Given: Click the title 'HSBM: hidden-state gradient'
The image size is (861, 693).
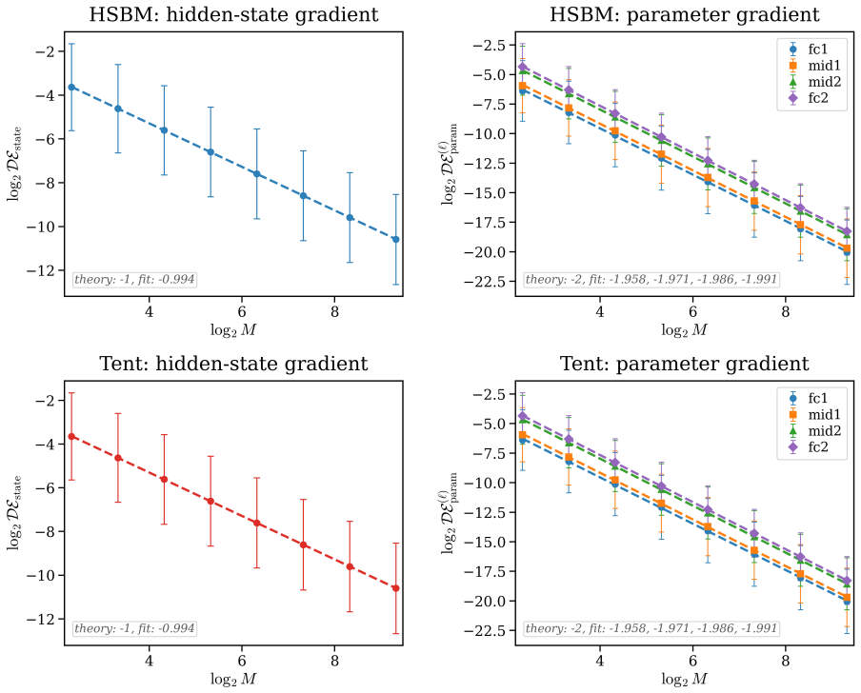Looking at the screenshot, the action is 233,14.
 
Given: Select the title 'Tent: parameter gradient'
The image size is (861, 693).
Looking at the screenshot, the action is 684,364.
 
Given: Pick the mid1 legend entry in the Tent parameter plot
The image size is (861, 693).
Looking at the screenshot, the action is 810,415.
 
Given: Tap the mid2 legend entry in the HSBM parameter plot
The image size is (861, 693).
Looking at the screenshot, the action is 810,82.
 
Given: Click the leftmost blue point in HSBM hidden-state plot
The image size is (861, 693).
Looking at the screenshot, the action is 71,88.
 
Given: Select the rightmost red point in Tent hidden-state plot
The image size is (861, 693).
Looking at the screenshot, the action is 395,588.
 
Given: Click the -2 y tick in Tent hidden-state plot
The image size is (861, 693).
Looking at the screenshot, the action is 46,401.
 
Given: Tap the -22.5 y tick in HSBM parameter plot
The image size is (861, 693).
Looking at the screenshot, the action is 486,282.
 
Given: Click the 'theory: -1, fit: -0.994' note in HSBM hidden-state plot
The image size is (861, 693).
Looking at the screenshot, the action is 134,279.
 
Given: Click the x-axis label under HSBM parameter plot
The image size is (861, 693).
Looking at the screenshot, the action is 684,330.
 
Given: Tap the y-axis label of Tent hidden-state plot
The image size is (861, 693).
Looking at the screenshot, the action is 15,513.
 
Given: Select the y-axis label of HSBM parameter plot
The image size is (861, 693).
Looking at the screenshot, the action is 451,164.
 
